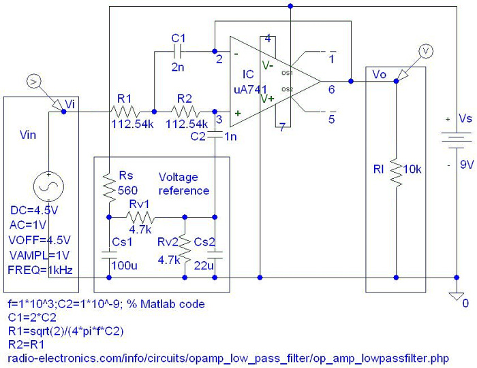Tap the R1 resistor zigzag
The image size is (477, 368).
[125, 112]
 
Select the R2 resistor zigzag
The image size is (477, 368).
[185, 112]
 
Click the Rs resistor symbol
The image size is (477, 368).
[109, 187]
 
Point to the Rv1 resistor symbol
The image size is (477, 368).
[140, 217]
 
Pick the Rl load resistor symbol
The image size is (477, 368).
[396, 171]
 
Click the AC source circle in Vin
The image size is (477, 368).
[48, 187]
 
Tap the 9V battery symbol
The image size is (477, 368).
[457, 140]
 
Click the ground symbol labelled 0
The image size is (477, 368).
[457, 296]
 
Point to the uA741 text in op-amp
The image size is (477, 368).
[250, 90]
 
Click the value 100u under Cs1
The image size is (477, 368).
[125, 265]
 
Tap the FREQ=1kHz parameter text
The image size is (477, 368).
[40, 270]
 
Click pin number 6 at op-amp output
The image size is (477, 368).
[332, 90]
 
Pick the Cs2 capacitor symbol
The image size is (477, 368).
[215, 255]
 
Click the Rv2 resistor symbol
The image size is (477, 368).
[185, 248]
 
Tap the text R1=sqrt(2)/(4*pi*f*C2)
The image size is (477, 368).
[65, 331]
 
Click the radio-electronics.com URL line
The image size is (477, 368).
[228, 358]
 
